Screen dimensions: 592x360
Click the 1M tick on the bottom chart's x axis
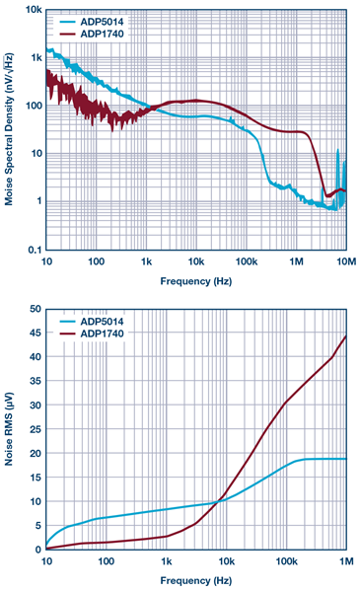click(344, 561)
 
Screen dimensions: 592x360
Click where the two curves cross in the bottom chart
click(219, 501)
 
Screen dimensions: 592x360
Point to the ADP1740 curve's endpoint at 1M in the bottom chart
click(345, 337)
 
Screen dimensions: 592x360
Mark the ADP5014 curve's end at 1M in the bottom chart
click(345, 459)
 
